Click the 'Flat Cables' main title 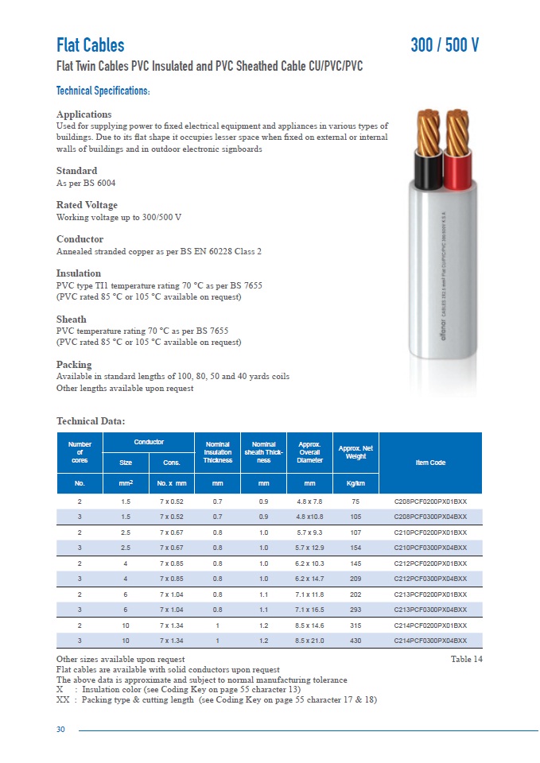tap(91, 45)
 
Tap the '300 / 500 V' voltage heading tap(445, 45)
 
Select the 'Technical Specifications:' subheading tap(103, 91)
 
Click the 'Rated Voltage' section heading tap(87, 205)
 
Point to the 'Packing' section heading tap(74, 365)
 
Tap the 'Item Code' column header tap(430, 463)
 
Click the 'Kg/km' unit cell tap(355, 482)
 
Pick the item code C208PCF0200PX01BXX tap(430, 502)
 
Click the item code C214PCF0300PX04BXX tap(430, 640)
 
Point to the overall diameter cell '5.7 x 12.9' tap(309, 548)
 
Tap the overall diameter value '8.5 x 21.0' tap(309, 640)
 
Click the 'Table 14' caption tap(466, 660)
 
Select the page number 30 tap(60, 730)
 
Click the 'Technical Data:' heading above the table tap(91, 421)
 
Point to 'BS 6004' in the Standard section tap(88, 183)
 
